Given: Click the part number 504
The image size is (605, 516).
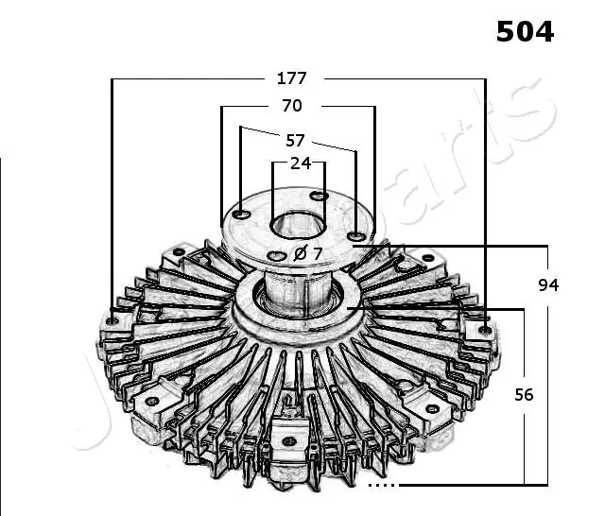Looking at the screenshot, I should tap(525, 31).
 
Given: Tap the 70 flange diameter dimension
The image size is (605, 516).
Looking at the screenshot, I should tap(292, 106).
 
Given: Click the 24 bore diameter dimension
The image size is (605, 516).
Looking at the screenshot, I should tap(300, 163).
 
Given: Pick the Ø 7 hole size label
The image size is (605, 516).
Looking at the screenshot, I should tap(308, 253).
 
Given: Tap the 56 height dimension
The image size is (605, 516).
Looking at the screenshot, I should tap(524, 394).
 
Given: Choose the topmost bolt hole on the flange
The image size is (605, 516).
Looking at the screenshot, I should tap(320, 196).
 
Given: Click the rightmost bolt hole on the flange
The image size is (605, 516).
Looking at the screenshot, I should tap(354, 235).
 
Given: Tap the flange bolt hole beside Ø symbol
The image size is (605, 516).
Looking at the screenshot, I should tap(276, 255).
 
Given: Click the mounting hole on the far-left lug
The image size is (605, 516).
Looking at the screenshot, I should tap(113, 320).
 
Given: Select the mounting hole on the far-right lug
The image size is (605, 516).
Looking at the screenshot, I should tap(484, 329).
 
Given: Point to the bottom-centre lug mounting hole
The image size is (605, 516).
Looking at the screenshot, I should tap(288, 439).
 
